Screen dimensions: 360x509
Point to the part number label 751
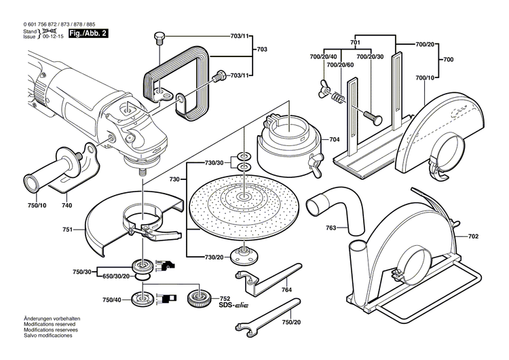pos(67,230)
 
